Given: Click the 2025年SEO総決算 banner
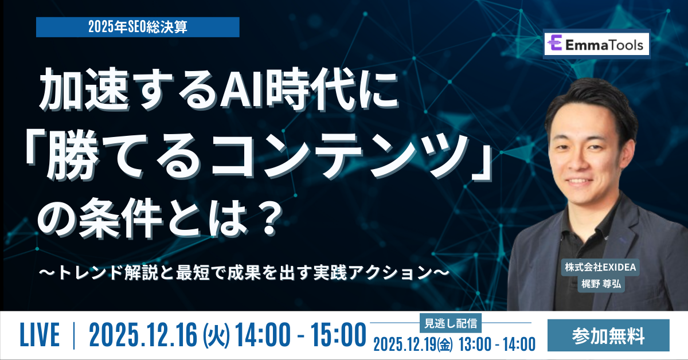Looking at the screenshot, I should coord(138,27).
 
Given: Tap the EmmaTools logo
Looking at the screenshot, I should coord(596,44).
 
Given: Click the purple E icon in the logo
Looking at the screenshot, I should coord(554,44).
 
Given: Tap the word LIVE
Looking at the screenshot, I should coord(40,335).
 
